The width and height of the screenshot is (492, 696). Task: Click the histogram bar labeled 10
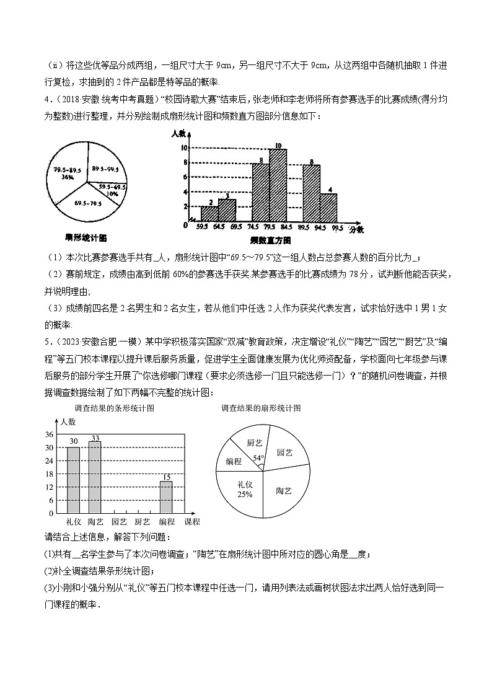[x=278, y=185]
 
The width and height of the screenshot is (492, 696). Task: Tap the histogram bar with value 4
[x=328, y=208]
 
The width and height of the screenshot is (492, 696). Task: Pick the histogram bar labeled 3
[x=227, y=210]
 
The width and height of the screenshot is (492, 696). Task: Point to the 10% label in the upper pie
[x=112, y=193]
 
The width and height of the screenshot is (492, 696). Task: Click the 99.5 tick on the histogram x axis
[x=336, y=227]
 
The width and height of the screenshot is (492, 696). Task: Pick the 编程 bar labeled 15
[x=166, y=497]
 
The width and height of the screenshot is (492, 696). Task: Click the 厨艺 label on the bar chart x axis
[x=143, y=522]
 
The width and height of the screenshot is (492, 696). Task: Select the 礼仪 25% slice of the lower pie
[x=245, y=490]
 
